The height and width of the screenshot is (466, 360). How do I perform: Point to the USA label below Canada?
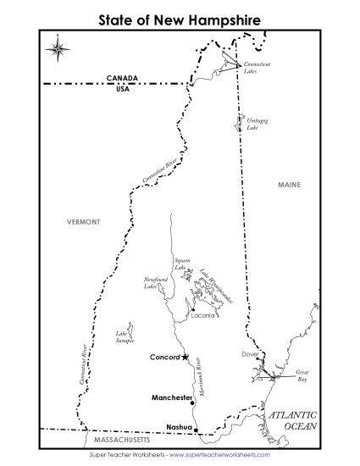click(x=123, y=88)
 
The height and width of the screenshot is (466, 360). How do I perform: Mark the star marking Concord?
click(x=186, y=357)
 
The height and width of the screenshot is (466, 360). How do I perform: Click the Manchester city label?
click(x=172, y=397)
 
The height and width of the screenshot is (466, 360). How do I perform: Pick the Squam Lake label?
click(x=180, y=264)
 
